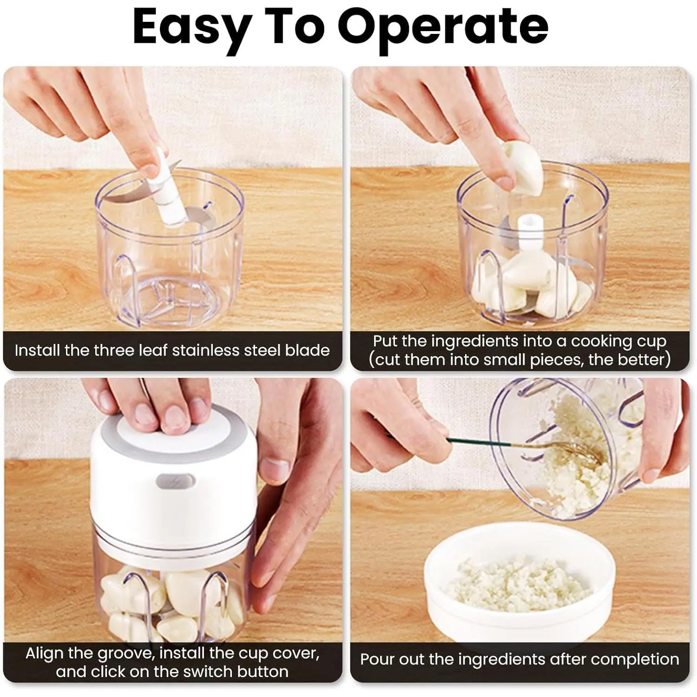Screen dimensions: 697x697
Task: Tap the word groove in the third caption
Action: [x=125, y=653]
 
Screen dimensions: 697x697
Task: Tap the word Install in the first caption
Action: [x=38, y=350]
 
